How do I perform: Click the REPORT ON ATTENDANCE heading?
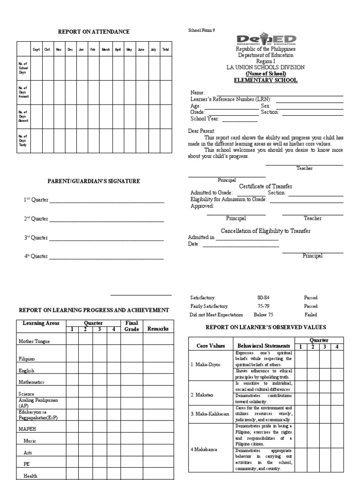click(94, 31)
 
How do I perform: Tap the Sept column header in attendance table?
click(36, 49)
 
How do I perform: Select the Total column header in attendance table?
click(165, 49)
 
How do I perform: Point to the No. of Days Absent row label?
click(23, 116)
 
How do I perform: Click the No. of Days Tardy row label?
click(23, 141)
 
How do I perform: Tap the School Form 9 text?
click(201, 30)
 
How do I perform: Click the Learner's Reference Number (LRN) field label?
click(231, 99)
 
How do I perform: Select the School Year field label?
click(205, 119)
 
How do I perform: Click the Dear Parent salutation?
click(202, 131)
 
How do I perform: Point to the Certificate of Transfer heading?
click(266, 186)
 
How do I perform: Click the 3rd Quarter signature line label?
click(36, 238)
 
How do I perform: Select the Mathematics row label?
click(32, 382)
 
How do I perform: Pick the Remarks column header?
click(158, 329)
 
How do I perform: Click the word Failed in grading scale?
click(310, 315)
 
